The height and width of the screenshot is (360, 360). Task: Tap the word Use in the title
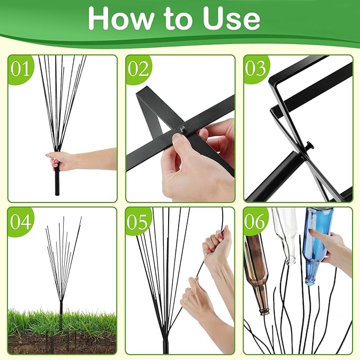[x=231, y=19]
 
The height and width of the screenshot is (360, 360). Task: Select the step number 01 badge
[x=20, y=69]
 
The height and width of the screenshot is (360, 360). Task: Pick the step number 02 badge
[x=138, y=69]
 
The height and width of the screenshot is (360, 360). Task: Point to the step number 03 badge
[x=256, y=69]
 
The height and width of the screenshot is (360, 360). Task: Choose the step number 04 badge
[x=20, y=222]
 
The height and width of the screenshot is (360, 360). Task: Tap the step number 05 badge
[x=138, y=222]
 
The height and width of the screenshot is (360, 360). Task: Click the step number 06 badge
[x=256, y=222]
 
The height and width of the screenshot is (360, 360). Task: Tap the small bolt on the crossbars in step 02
[x=183, y=129]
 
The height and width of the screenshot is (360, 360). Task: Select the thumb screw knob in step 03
[x=309, y=146]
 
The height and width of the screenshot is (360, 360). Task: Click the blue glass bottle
[x=319, y=246]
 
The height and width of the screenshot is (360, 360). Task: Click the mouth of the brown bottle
[x=265, y=312]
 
